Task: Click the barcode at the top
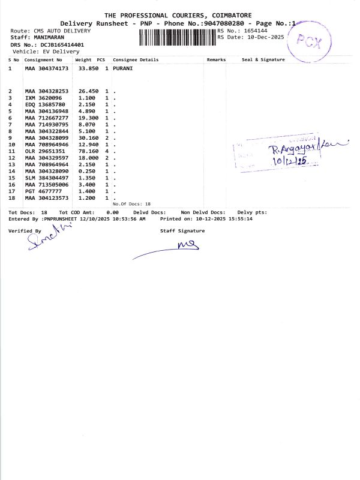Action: (178, 37)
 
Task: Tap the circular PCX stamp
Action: (310, 42)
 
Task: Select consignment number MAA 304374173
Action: (47, 69)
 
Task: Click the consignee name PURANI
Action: (122, 69)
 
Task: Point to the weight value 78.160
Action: (88, 151)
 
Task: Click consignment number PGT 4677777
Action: (43, 191)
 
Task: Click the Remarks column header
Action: (216, 60)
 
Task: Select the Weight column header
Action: (83, 60)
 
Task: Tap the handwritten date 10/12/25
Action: (289, 161)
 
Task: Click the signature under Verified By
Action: (43, 240)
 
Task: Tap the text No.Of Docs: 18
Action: (131, 204)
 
